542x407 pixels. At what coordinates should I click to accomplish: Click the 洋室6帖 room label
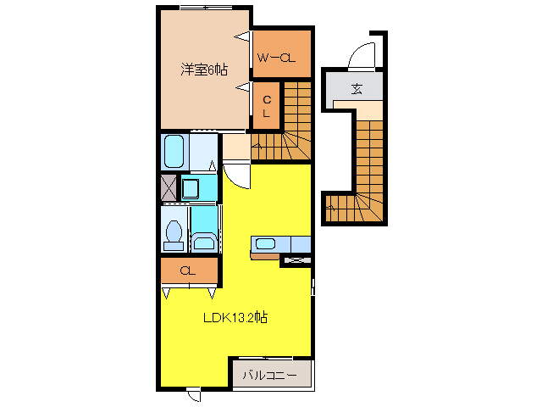[x=204, y=70]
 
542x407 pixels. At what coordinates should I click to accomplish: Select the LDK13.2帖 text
[x=235, y=319]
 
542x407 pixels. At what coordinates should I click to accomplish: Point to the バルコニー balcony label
[x=270, y=375]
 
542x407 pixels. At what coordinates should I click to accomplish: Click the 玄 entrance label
[x=357, y=86]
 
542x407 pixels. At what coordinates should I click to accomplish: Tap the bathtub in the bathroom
[x=174, y=153]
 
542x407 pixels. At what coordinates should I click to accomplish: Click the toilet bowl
[x=174, y=233]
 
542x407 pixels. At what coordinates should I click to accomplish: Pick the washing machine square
[x=191, y=187]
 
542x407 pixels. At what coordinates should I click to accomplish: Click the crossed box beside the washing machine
[x=169, y=187]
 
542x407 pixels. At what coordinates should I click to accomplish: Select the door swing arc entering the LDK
[x=238, y=176]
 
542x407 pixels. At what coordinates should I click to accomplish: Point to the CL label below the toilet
[x=188, y=270]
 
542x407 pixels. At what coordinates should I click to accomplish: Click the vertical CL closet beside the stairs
[x=266, y=105]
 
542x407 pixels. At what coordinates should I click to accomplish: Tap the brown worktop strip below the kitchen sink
[x=265, y=254]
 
